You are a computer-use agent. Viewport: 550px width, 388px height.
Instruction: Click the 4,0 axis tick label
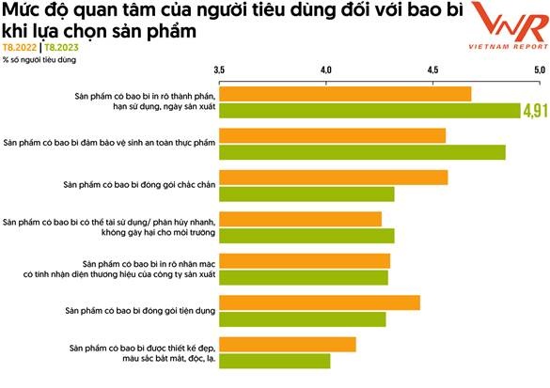326,70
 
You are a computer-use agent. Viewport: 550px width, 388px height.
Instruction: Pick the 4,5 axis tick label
432,70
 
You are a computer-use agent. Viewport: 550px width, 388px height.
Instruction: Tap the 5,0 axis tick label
539,70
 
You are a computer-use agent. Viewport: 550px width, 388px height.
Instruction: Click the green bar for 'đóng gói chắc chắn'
307,194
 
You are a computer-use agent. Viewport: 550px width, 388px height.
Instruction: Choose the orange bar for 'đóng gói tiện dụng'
320,302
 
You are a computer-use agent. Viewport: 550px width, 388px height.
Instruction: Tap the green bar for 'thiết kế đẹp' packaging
275,361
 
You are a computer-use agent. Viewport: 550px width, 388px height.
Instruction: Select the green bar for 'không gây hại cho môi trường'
307,236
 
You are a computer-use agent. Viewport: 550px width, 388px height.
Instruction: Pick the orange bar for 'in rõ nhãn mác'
305,260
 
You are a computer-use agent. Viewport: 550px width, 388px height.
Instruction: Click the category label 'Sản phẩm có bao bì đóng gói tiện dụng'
134,309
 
